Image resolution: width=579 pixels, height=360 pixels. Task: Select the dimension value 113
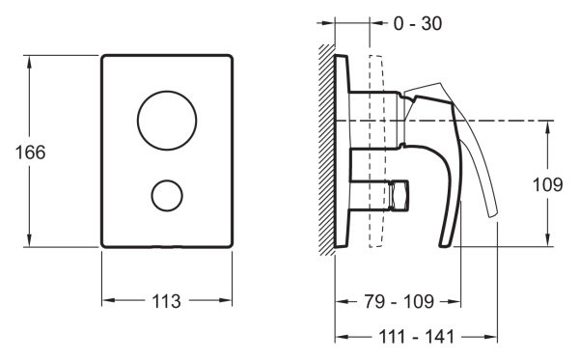click(167, 301)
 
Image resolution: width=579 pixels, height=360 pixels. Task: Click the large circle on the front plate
click(168, 121)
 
